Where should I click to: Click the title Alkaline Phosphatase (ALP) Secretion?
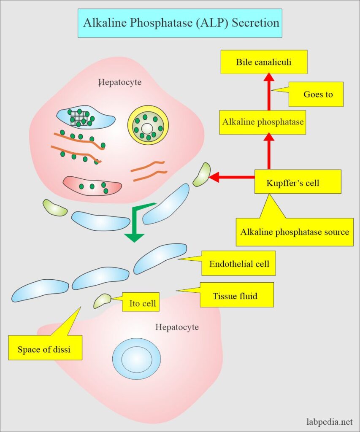point(180,22)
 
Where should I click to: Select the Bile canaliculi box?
point(264,62)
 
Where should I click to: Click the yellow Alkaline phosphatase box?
point(263,122)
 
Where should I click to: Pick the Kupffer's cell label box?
point(298,182)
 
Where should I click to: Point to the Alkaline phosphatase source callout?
point(295,232)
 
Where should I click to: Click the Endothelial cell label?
point(239,264)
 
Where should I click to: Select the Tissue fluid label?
point(237,295)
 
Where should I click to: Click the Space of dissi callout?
point(45,348)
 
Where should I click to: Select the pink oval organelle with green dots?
point(92,186)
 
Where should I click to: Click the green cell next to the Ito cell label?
point(102,300)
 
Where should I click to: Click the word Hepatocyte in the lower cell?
point(177,327)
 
